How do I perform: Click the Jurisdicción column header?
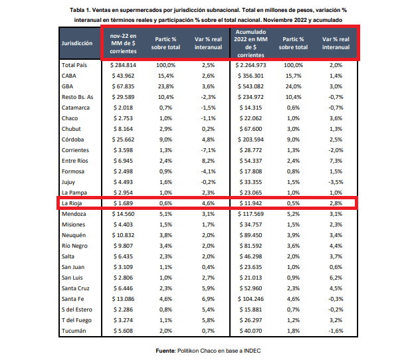tap(77, 43)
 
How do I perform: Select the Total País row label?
tap(74, 65)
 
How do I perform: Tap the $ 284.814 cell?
tap(123, 65)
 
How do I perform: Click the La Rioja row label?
tap(72, 203)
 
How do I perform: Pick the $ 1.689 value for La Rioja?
tap(123, 203)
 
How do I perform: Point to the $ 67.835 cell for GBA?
tap(123, 86)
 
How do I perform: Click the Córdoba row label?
tap(73, 139)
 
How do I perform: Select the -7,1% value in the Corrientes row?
tap(208, 150)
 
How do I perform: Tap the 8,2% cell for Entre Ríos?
tap(208, 161)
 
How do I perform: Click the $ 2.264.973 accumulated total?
tap(251, 65)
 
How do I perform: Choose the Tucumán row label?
tap(74, 331)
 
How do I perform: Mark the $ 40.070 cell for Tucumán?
tap(251, 331)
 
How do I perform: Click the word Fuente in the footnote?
tap(165, 351)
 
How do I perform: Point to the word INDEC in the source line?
tap(252, 351)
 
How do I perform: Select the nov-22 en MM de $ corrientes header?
tap(123, 43)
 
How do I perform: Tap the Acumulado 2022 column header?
tap(251, 43)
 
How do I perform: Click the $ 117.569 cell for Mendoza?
tap(251, 214)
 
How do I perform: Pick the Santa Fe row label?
tap(73, 299)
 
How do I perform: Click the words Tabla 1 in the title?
tap(80, 10)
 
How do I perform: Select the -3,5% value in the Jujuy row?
tap(336, 182)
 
